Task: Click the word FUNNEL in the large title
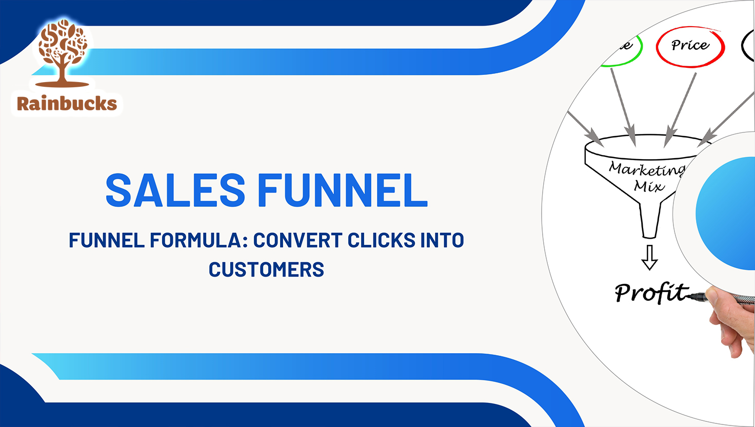pos(342,190)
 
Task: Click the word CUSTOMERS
pos(266,269)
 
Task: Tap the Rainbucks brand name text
pos(67,104)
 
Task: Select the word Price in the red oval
pos(690,46)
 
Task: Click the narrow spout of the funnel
pos(649,221)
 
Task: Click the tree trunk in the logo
pos(63,74)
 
